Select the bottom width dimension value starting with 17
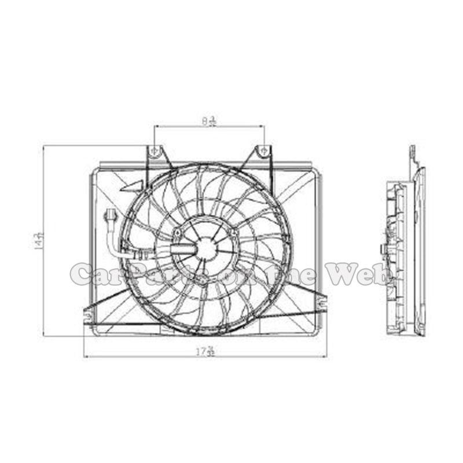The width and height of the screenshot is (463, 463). (205, 351)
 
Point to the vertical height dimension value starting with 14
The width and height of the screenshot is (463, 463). (39, 241)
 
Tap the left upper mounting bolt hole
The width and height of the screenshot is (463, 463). (155, 151)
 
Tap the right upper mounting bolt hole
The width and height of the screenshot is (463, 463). (263, 151)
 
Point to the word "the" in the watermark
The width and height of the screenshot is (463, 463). (301, 273)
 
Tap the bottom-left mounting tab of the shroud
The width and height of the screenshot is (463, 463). (87, 315)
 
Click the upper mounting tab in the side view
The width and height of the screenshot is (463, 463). (413, 153)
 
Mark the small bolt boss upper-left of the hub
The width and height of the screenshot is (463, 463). (176, 234)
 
